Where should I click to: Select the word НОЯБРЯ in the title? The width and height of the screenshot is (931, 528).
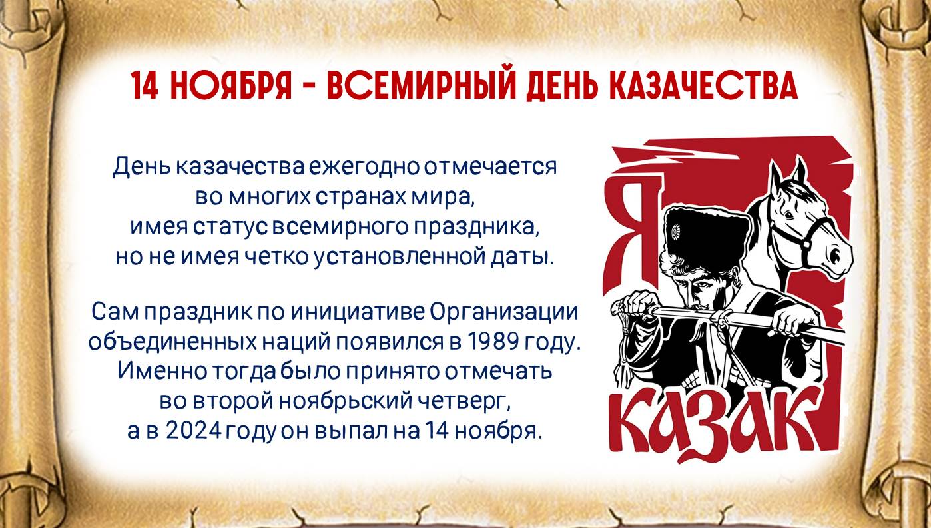pos(231,86)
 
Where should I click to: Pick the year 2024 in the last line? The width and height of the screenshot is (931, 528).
pos(193,431)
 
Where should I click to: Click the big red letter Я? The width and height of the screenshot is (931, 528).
pos(634,228)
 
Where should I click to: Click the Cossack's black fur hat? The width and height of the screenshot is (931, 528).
pos(707,235)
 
